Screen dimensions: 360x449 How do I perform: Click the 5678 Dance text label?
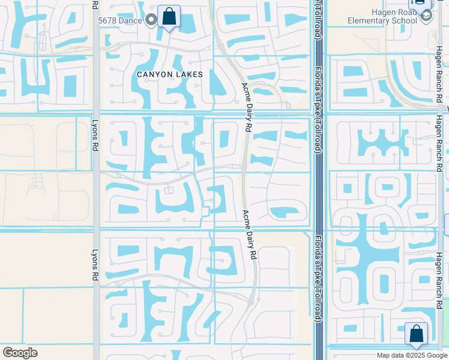[120, 20]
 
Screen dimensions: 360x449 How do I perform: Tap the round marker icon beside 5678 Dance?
[151, 20]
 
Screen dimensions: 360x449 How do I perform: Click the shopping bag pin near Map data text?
[416, 334]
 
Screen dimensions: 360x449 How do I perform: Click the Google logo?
[20, 353]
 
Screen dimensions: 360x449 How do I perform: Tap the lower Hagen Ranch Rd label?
[439, 273]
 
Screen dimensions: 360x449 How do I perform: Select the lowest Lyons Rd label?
[95, 265]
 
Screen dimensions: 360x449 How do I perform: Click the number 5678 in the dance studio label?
[109, 20]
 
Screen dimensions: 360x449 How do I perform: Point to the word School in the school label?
[403, 21]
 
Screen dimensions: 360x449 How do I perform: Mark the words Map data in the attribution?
[390, 355]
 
